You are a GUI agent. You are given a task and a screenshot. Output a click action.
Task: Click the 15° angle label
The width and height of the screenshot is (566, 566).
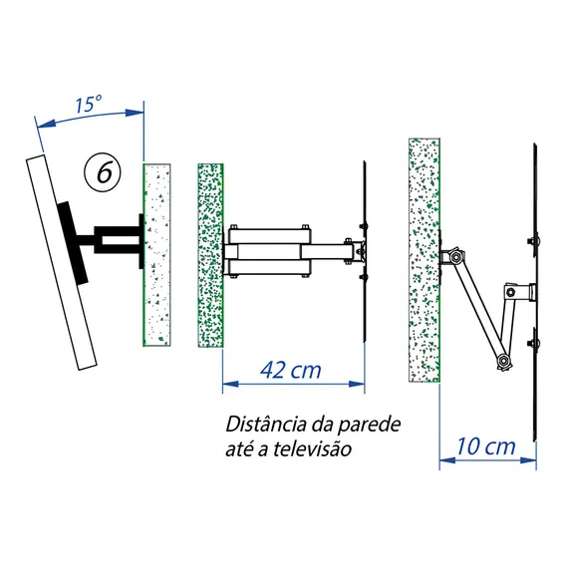(x=89, y=104)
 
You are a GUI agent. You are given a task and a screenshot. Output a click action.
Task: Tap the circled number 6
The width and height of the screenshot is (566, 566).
(x=103, y=172)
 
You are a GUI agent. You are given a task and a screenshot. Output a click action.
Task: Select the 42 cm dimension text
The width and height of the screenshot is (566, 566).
(x=291, y=370)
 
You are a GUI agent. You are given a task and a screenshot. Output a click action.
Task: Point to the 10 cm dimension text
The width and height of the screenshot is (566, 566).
(x=486, y=446)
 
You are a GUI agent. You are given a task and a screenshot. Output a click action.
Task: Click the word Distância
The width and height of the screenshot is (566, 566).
(x=266, y=424)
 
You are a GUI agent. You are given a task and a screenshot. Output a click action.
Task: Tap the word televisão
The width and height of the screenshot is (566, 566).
(x=312, y=449)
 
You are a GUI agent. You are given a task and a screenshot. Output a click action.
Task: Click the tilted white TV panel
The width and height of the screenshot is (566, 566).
(x=62, y=262)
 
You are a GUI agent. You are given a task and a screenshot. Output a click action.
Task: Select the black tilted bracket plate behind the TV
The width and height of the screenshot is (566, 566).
(x=72, y=242)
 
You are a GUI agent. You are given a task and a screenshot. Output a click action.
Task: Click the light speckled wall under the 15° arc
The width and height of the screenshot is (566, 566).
(x=157, y=255)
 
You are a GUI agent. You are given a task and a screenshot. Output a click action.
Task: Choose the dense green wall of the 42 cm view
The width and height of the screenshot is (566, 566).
(x=211, y=255)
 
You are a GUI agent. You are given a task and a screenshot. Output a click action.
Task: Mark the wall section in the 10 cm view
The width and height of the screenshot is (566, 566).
(x=424, y=260)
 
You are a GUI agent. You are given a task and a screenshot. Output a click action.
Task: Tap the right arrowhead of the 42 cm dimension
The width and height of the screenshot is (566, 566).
(x=357, y=384)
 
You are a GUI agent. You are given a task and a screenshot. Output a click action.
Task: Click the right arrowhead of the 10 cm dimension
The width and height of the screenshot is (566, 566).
(x=528, y=460)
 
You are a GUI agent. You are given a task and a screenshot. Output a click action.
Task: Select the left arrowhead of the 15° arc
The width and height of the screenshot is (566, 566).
(x=46, y=124)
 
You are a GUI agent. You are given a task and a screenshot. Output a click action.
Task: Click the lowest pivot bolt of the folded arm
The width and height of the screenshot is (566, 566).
(x=504, y=361)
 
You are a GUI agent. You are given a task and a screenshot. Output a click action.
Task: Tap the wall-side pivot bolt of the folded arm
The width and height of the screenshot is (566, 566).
(x=456, y=257)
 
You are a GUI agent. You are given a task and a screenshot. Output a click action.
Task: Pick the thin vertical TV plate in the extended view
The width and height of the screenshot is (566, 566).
(x=365, y=251)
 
